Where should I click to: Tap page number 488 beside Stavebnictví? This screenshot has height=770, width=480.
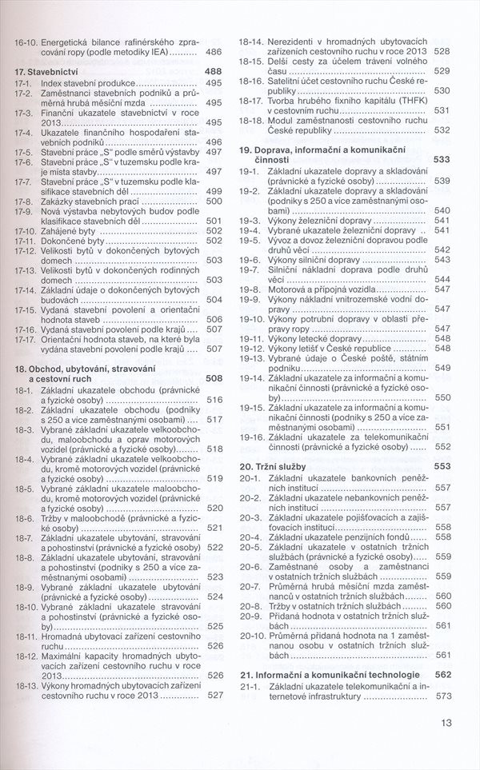213,71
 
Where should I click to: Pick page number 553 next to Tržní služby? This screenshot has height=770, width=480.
442,465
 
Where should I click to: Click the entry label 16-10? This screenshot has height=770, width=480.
27,42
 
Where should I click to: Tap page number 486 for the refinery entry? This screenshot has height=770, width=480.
213,51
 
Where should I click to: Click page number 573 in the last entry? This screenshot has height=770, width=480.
442,696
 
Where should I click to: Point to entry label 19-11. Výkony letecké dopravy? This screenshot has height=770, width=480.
254,337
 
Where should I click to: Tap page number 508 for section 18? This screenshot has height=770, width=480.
213,378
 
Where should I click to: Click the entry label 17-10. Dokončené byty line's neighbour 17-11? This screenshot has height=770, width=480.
26,240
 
